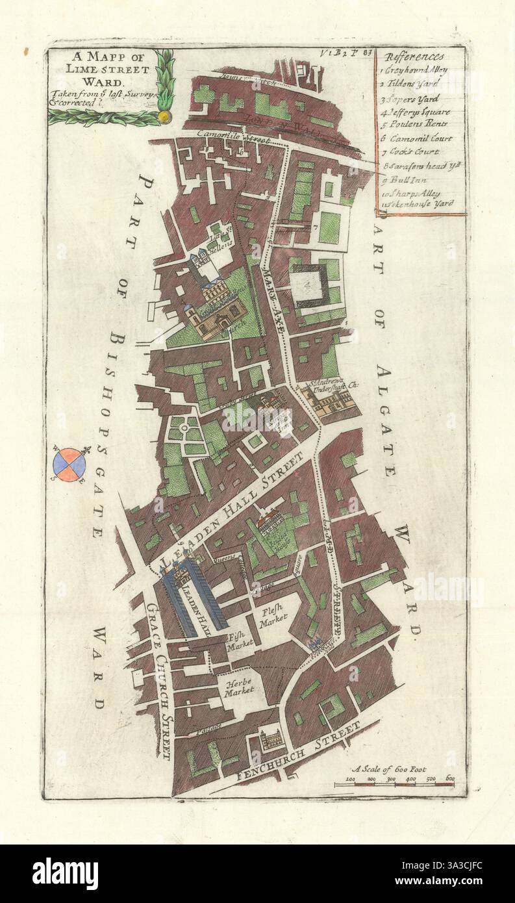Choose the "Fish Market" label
point(239,643)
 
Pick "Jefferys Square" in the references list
point(420,112)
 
